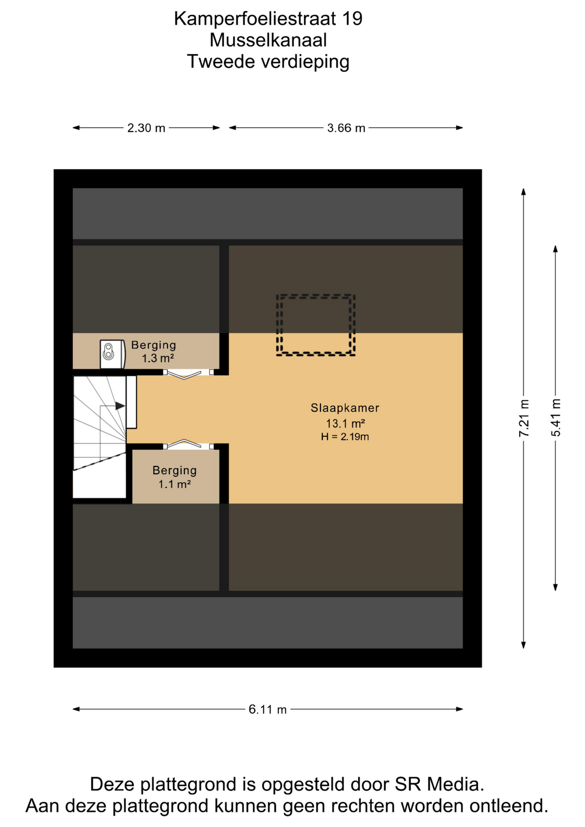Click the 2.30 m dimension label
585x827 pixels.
pyautogui.click(x=146, y=128)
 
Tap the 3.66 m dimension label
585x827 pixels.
pyautogui.click(x=346, y=128)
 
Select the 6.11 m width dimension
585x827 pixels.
pyautogui.click(x=268, y=709)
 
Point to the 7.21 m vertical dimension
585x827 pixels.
pyautogui.click(x=523, y=418)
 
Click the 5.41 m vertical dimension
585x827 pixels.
pyautogui.click(x=556, y=418)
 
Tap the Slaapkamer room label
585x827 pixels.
pyautogui.click(x=345, y=408)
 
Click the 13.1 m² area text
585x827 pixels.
pyautogui.click(x=345, y=423)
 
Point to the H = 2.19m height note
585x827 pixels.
pyautogui.click(x=345, y=437)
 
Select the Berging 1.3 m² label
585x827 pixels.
pyautogui.click(x=154, y=351)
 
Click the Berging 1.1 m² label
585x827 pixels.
pyautogui.click(x=174, y=477)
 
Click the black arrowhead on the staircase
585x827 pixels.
pyautogui.click(x=120, y=406)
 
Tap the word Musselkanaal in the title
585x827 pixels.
pyautogui.click(x=268, y=40)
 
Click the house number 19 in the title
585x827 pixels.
pyautogui.click(x=352, y=19)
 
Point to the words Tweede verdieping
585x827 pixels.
pyautogui.click(x=268, y=62)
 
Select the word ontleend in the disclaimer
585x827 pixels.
pyautogui.click(x=509, y=806)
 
